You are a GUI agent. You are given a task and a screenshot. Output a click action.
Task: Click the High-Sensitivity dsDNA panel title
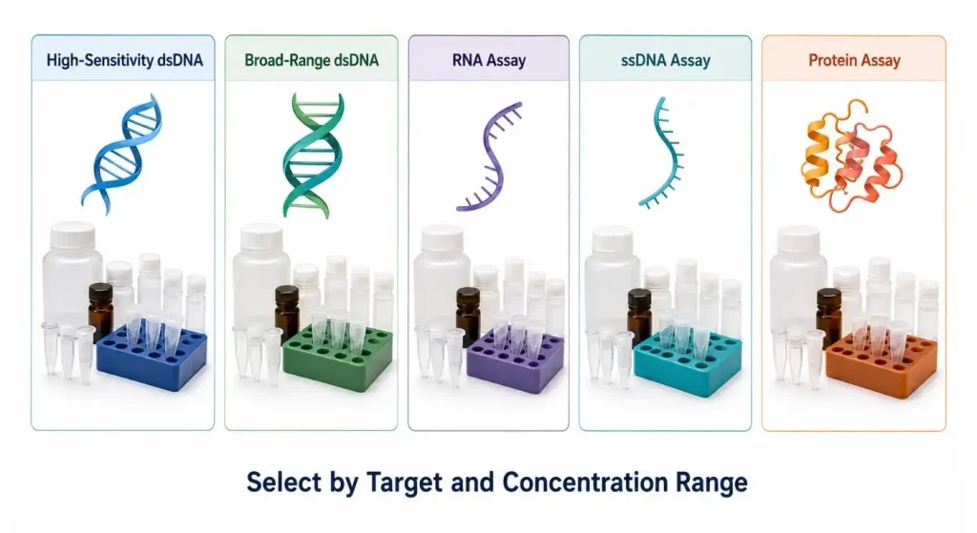click(x=125, y=60)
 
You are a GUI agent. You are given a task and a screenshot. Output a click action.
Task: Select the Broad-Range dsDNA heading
click(x=312, y=60)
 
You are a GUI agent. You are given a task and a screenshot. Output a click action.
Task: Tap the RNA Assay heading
click(x=489, y=60)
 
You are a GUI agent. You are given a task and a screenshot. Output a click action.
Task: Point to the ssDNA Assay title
click(x=665, y=60)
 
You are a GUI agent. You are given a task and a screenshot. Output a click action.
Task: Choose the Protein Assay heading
click(x=854, y=60)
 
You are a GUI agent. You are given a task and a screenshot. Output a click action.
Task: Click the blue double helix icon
click(x=122, y=154)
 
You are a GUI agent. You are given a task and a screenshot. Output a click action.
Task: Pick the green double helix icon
click(x=313, y=155)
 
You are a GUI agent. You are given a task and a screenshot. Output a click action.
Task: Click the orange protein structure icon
click(x=851, y=155)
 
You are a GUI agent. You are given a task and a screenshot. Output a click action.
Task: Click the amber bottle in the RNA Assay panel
click(x=468, y=317)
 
